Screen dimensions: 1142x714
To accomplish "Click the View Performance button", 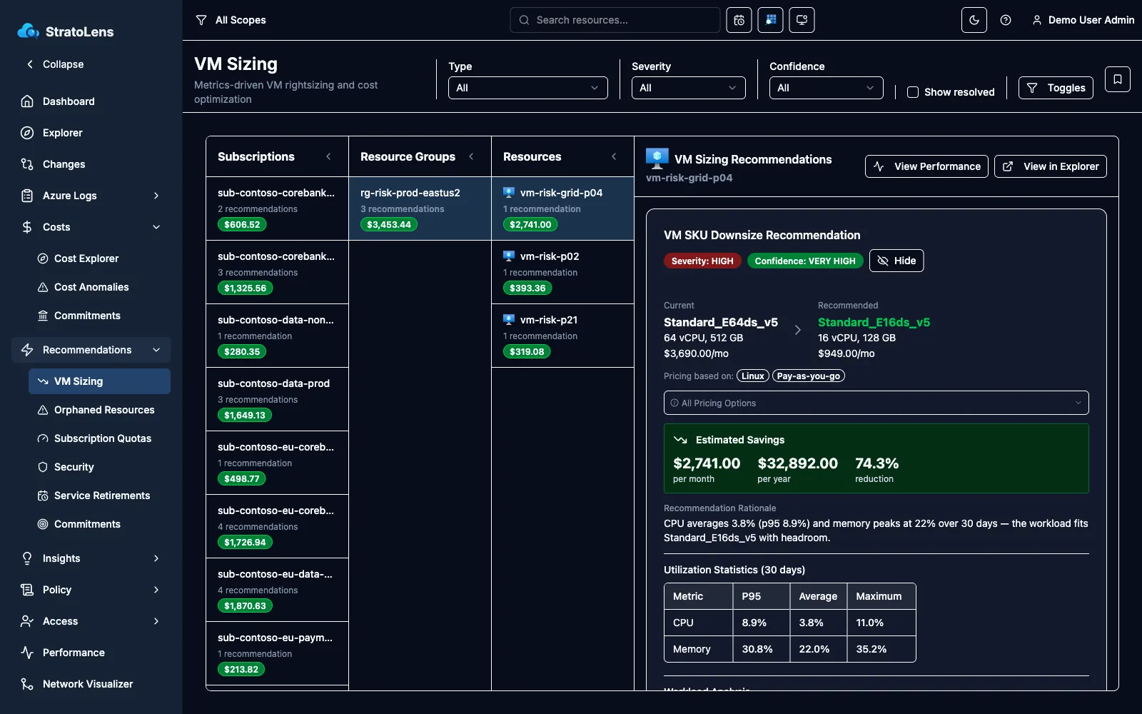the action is point(926,166).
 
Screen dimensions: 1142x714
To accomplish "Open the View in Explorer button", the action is point(1050,166).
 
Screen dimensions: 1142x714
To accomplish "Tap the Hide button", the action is point(896,261).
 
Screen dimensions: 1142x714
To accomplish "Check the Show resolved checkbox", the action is point(913,92).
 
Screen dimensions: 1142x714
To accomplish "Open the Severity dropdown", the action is point(688,88).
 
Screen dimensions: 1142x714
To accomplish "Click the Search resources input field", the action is point(615,20).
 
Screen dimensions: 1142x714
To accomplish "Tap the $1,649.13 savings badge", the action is point(245,415).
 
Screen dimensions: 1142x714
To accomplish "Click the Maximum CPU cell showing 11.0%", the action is point(881,623).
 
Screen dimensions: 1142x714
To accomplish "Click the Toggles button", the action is point(1056,88).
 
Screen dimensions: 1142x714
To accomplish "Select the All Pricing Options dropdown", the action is point(876,403).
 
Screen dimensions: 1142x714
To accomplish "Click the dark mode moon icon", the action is point(974,20).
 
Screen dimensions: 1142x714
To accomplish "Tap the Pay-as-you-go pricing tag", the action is point(808,376).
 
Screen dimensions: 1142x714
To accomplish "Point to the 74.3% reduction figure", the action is point(876,463).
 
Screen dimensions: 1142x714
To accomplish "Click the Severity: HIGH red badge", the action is point(702,261).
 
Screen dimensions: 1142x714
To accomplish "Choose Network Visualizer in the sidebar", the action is point(88,684).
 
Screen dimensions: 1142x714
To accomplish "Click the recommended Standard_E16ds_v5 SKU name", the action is point(874,322).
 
